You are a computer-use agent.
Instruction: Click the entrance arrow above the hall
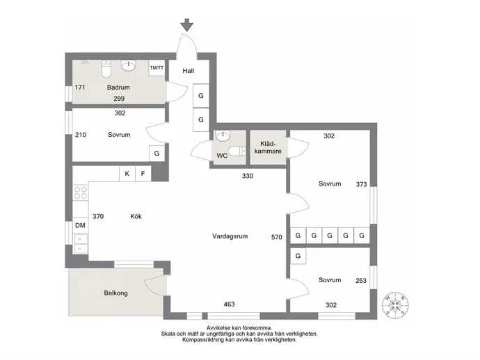click(x=186, y=25)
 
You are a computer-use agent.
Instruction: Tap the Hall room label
click(x=189, y=71)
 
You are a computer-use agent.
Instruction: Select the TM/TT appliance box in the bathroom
click(x=157, y=68)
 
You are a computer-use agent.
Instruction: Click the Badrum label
click(x=118, y=88)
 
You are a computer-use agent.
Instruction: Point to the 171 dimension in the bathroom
click(x=80, y=88)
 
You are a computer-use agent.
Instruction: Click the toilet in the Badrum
click(x=106, y=69)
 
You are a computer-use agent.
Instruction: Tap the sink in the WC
click(x=223, y=136)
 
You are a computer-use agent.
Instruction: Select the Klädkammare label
click(x=268, y=147)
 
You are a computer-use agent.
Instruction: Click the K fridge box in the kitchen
click(x=127, y=174)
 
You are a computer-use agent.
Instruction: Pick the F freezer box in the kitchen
click(x=143, y=174)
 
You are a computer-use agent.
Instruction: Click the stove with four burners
click(x=81, y=193)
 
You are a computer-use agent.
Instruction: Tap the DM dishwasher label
click(x=80, y=225)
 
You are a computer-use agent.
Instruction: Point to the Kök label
click(x=136, y=217)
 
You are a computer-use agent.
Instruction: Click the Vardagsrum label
click(x=230, y=236)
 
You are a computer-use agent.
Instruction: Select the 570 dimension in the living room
click(x=276, y=237)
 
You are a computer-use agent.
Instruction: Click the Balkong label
click(x=115, y=293)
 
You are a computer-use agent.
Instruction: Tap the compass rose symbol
click(x=395, y=305)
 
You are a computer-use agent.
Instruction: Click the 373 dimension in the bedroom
click(x=361, y=184)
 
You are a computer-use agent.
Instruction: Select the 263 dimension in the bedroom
click(x=361, y=281)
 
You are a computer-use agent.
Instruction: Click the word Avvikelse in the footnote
click(x=218, y=328)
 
